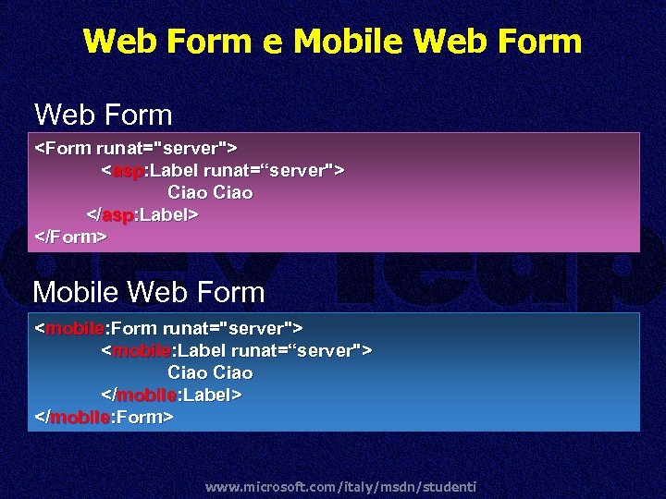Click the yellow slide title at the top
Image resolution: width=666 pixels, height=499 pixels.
(332, 42)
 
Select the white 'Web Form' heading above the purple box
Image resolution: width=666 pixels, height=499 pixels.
(104, 116)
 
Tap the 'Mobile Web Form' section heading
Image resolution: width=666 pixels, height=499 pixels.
(149, 293)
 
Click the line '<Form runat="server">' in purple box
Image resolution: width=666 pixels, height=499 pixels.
(136, 148)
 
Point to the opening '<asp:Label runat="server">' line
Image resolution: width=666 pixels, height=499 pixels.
(223, 170)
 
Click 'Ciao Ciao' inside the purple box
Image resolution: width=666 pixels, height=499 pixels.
(210, 192)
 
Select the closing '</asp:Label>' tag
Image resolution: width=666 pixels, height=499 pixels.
(142, 214)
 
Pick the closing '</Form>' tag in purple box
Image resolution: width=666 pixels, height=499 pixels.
(70, 237)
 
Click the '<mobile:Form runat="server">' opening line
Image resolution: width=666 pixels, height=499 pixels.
(168, 328)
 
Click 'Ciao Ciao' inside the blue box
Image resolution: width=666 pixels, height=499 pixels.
(210, 372)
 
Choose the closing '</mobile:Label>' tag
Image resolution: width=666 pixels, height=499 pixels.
(171, 395)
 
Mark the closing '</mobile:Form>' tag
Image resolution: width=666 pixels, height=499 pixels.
(104, 417)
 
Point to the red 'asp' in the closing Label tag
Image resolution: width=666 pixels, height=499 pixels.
(117, 214)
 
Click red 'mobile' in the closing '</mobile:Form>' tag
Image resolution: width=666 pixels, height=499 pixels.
(80, 417)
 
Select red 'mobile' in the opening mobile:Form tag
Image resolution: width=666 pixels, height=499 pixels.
(74, 328)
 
